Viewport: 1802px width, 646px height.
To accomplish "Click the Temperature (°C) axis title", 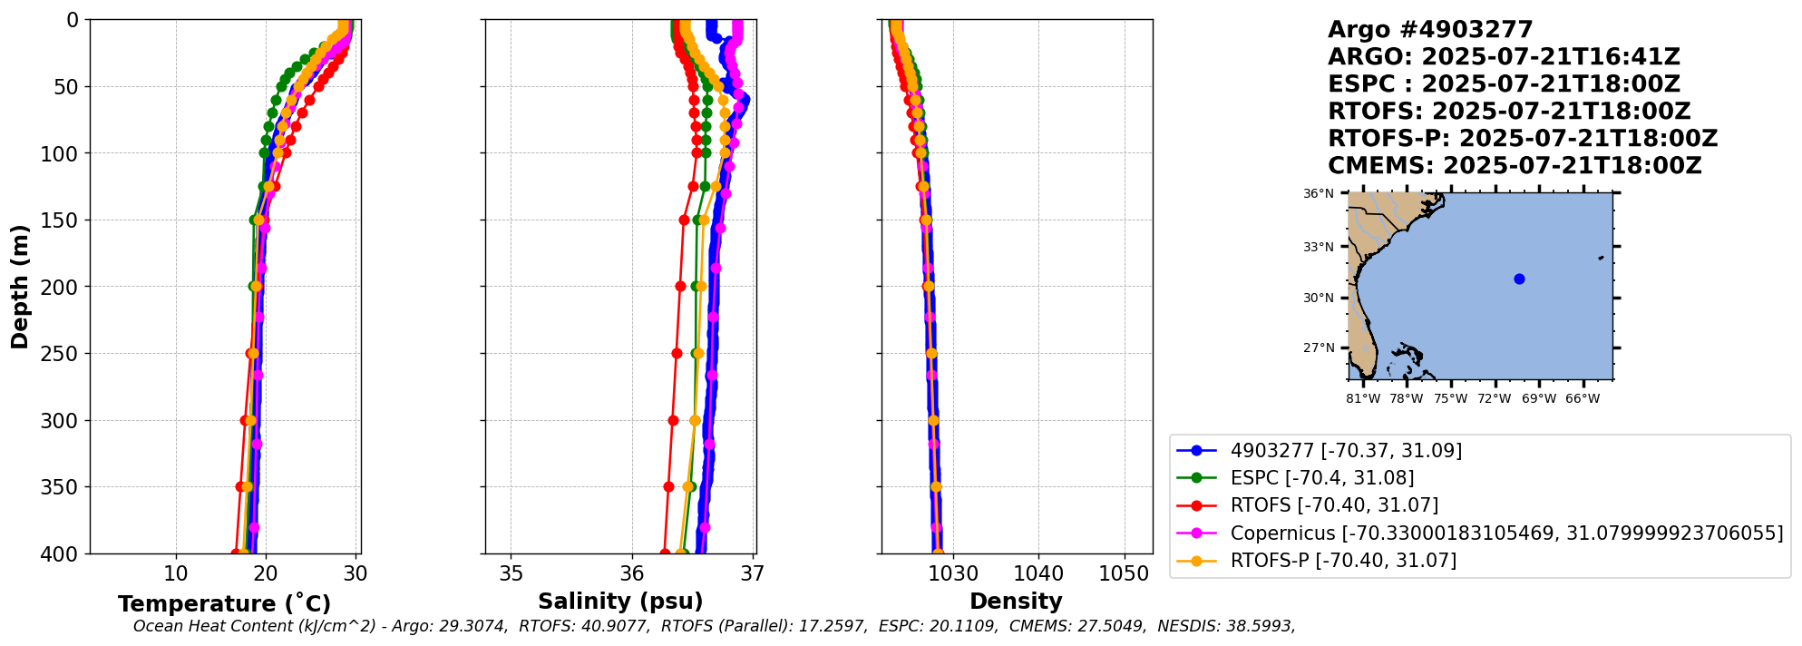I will (x=224, y=604).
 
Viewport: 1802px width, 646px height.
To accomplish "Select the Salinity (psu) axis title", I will (x=620, y=602).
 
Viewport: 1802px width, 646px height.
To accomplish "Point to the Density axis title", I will (x=1016, y=602).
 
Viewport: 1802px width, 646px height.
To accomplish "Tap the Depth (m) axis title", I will (x=20, y=287).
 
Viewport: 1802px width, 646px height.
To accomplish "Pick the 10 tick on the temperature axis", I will (x=176, y=574).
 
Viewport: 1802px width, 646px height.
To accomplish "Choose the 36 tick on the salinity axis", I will (x=632, y=574).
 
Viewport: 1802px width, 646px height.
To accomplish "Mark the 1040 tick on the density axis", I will (x=1038, y=574).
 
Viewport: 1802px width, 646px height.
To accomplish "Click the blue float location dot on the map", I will (x=1519, y=279).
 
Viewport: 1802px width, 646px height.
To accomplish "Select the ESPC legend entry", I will (x=1321, y=478).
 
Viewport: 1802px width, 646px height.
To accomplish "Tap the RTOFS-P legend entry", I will (x=1342, y=561).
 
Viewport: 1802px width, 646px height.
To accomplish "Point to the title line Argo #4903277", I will (x=1429, y=30).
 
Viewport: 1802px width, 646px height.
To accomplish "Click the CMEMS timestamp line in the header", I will (x=1515, y=166).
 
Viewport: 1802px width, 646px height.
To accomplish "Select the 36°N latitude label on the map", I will (x=1319, y=193).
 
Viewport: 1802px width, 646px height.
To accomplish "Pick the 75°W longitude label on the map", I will (x=1450, y=399).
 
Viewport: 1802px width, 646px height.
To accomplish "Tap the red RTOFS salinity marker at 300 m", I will (x=673, y=420).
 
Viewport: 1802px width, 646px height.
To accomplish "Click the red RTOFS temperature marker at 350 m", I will (x=240, y=487).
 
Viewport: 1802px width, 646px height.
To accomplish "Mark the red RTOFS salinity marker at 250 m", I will (x=677, y=353).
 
